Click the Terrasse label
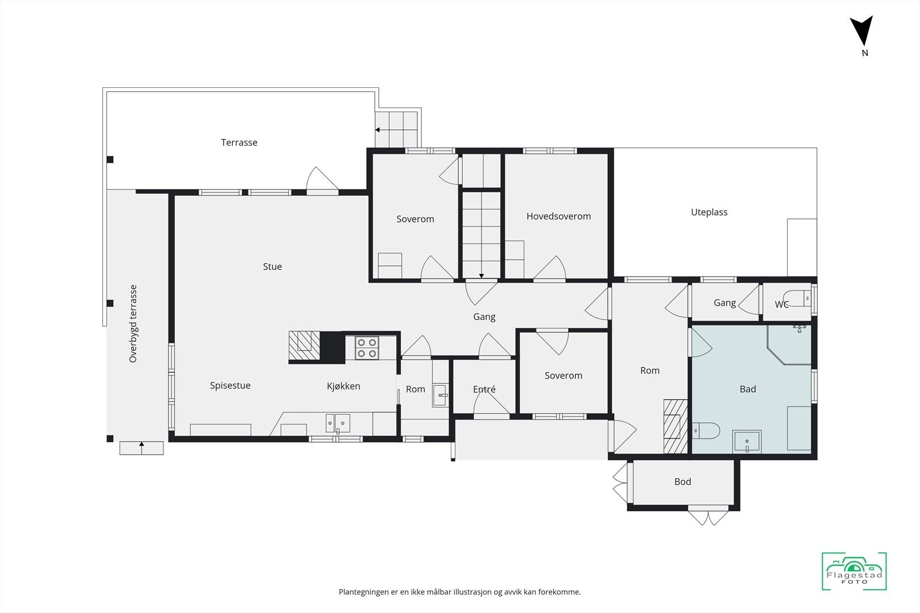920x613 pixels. (x=239, y=142)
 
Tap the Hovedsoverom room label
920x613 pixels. (x=558, y=216)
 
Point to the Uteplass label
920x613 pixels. (x=709, y=212)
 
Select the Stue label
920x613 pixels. (x=273, y=267)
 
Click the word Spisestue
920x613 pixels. (x=230, y=385)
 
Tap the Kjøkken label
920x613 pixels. (x=343, y=386)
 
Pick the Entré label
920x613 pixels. (x=484, y=389)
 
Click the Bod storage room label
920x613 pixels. (x=683, y=481)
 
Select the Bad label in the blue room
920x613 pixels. (x=747, y=389)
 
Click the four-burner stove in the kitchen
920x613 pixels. (x=367, y=348)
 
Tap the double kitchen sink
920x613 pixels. (x=338, y=423)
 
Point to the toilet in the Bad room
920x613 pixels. (x=706, y=431)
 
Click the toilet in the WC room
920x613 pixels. (x=797, y=298)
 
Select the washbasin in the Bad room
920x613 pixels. (x=747, y=441)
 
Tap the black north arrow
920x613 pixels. (x=861, y=31)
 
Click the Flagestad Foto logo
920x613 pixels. (x=854, y=571)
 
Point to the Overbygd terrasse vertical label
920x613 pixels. (x=133, y=323)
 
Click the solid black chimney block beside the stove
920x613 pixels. (x=332, y=348)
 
